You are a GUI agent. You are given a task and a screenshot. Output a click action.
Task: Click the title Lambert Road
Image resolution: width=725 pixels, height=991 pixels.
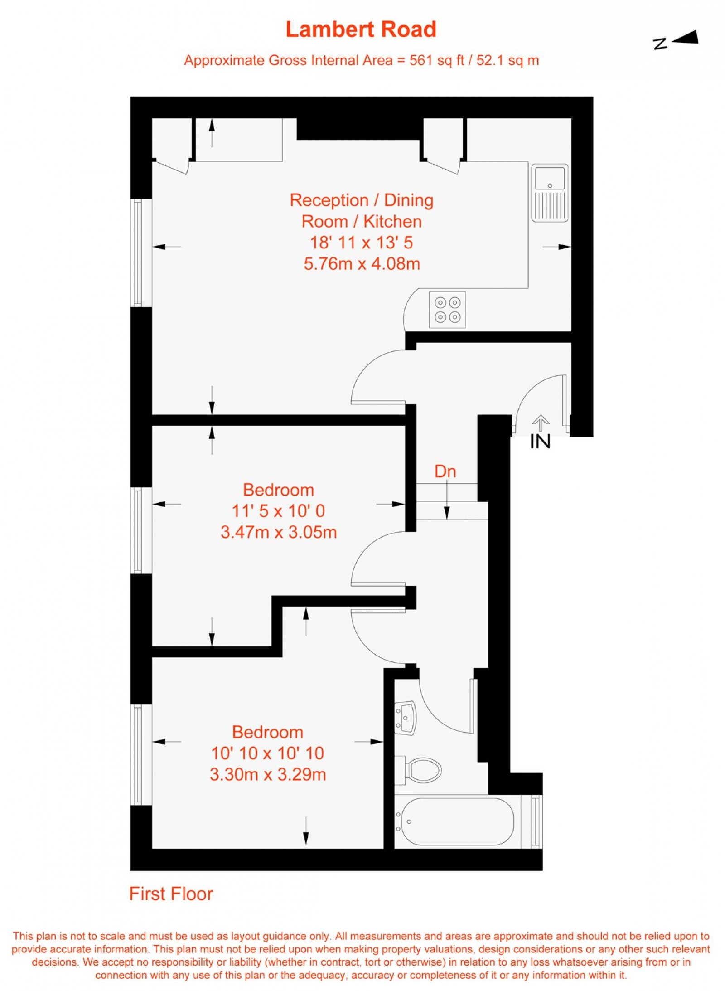pos(361,29)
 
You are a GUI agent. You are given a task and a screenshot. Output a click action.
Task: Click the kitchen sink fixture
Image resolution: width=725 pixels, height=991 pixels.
pos(550,193)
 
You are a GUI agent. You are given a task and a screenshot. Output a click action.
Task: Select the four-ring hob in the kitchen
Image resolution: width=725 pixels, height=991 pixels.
pos(447,310)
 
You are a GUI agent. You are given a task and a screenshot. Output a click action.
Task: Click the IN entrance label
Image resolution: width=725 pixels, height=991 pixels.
pos(540,442)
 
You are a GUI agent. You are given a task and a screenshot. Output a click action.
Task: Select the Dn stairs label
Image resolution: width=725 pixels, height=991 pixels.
pos(445,471)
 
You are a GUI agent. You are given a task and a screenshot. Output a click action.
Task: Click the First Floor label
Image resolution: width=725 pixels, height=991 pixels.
pos(171,894)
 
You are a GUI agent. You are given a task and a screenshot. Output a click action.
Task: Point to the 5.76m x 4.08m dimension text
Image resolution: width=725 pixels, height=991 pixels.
pos(362,263)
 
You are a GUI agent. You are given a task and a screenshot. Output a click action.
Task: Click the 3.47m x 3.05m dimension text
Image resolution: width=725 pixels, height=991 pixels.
pos(279,532)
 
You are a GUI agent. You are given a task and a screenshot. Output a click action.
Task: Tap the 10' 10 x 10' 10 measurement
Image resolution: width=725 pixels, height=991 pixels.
pos(267,753)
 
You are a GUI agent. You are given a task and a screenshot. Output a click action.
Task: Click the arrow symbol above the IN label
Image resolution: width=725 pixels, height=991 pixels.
pos(540,423)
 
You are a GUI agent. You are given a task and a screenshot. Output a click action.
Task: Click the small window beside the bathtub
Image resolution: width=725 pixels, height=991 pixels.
pos(536,821)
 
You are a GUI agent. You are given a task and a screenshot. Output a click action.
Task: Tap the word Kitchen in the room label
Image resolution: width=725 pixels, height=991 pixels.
pos(392,221)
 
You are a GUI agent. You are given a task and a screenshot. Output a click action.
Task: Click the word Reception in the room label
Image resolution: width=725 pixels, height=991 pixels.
pos(329,200)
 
